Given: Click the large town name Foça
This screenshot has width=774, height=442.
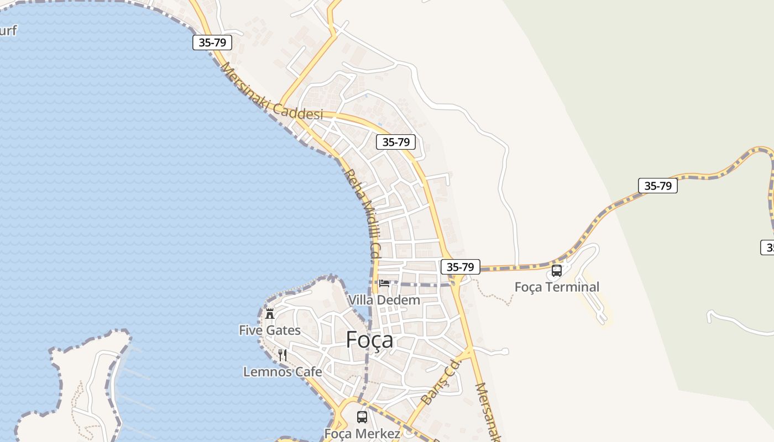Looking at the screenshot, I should [x=370, y=340].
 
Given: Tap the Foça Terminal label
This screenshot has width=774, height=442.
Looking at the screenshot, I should [x=557, y=287].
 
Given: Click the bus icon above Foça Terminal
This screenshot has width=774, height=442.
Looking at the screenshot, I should [x=557, y=271].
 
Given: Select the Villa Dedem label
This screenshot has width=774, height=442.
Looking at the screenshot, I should [x=384, y=300].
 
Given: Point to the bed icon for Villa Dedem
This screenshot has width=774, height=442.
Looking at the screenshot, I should [x=384, y=284].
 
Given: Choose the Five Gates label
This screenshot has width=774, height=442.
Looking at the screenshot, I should [x=270, y=330].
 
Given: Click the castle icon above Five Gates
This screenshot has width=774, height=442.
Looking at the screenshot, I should [x=270, y=314].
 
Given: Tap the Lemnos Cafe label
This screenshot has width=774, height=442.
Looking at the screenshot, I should [x=283, y=372].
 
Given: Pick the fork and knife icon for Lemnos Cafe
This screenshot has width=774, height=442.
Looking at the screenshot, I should [x=283, y=355].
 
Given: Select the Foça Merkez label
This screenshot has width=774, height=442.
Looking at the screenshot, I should [x=362, y=434].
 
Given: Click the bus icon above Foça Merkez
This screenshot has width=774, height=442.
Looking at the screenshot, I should [x=362, y=417].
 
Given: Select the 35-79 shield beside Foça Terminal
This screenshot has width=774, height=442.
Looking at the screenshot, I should [x=461, y=267].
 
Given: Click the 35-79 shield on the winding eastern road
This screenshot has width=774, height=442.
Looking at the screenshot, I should [x=657, y=186].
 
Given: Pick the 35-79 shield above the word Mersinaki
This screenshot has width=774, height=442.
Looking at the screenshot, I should [x=212, y=43].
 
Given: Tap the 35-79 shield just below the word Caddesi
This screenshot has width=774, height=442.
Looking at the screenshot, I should [x=396, y=142].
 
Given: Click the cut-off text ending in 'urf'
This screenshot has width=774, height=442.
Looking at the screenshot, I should [x=8, y=30].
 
